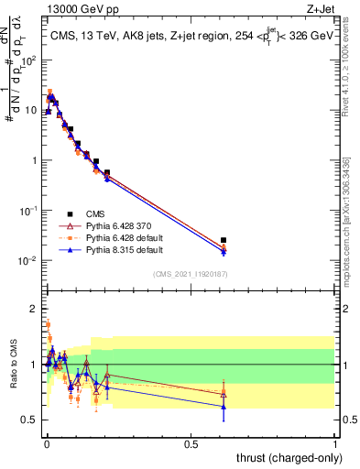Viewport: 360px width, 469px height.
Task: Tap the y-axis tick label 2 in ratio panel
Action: pyautogui.click(x=33, y=309)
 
